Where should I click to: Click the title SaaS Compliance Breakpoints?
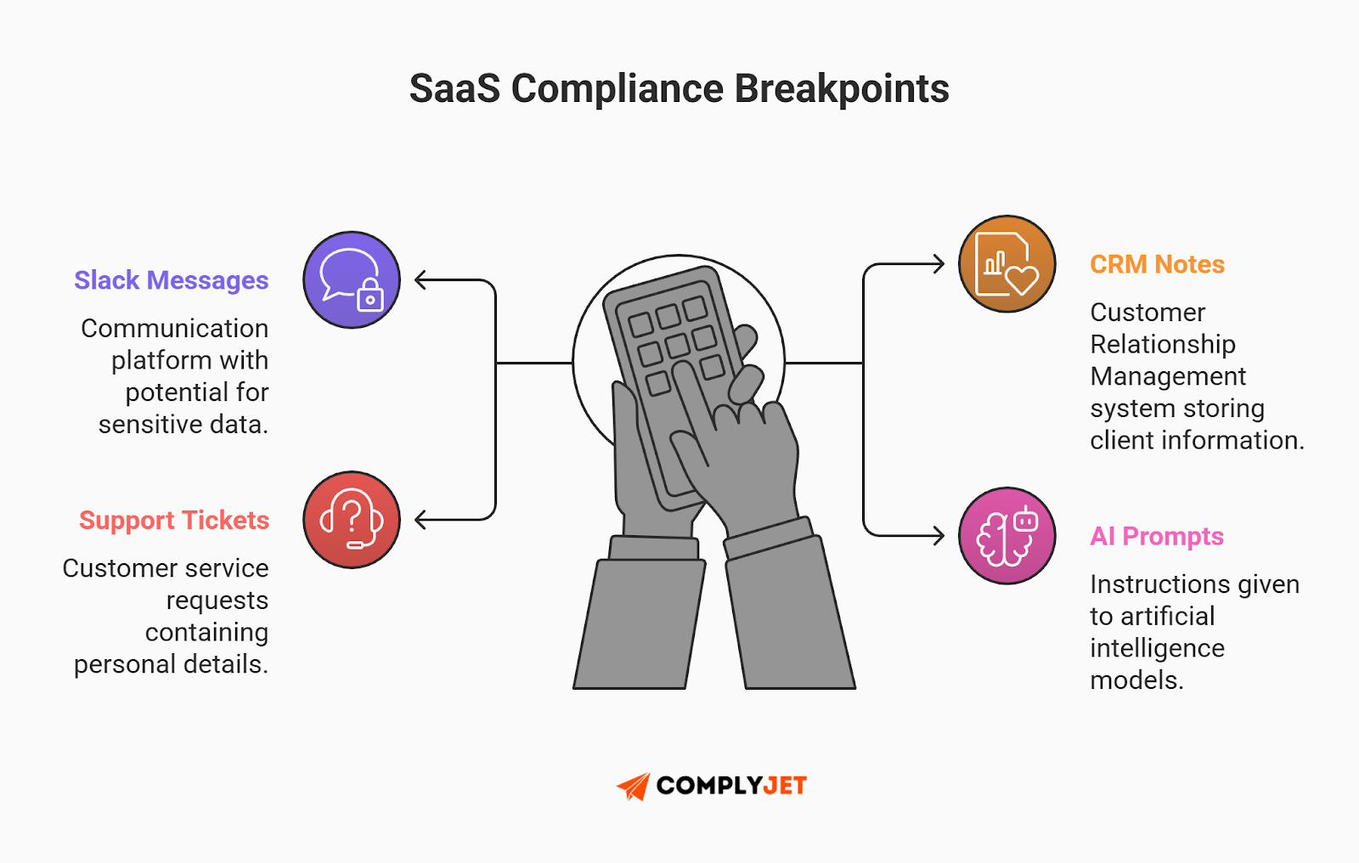(679, 88)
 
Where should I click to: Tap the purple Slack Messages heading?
(172, 280)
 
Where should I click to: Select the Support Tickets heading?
(174, 520)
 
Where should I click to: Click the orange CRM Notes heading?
(1157, 264)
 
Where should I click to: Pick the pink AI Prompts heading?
(1156, 536)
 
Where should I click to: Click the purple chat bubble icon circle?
(352, 279)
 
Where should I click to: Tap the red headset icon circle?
(352, 520)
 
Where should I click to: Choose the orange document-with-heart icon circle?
(1007, 264)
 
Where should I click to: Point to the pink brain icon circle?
(1007, 536)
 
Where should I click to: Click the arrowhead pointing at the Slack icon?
(420, 279)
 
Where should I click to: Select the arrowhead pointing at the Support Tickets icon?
(420, 520)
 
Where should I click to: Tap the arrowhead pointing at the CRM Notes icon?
(938, 264)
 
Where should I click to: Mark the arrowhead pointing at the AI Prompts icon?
(938, 536)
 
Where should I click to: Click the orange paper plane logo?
(634, 787)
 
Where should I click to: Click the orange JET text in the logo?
(785, 786)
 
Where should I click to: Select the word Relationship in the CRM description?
(1163, 344)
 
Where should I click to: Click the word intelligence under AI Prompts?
(1157, 648)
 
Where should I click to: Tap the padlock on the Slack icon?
(370, 297)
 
